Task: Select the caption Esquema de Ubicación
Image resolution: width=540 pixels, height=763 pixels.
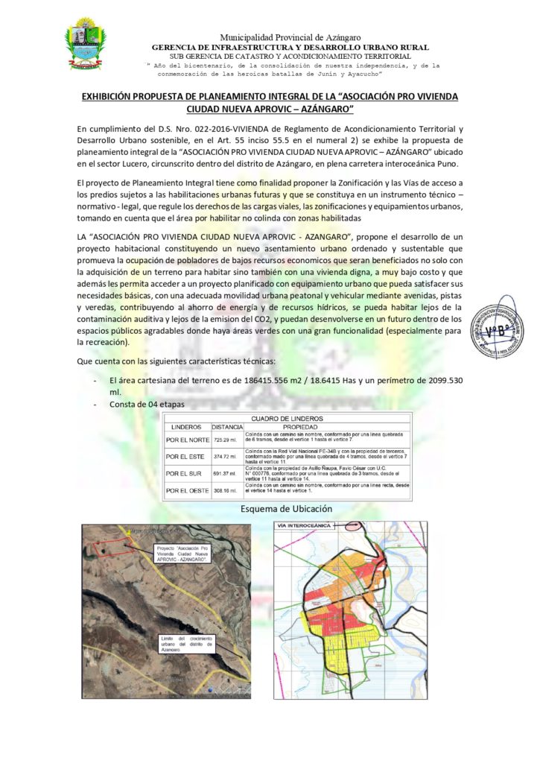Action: click(x=287, y=508)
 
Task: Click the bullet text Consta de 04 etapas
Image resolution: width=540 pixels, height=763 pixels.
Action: click(x=146, y=404)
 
